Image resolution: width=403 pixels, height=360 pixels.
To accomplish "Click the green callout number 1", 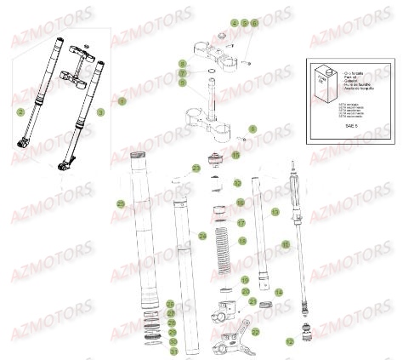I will pyautogui.click(x=122, y=101).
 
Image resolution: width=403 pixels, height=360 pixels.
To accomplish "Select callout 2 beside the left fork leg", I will pyautogui.click(x=19, y=111).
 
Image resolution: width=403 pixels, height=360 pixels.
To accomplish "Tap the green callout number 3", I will pyautogui.click(x=100, y=111).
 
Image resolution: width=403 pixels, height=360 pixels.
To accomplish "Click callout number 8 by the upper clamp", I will pyautogui.click(x=182, y=64).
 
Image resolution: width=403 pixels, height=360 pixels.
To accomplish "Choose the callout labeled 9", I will pyautogui.click(x=182, y=83).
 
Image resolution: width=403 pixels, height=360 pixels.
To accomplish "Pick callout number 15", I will pyautogui.click(x=236, y=156).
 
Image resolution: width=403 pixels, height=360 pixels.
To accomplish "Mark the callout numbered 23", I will pyautogui.click(x=196, y=169).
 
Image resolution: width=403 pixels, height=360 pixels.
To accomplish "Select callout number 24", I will pyautogui.click(x=202, y=235).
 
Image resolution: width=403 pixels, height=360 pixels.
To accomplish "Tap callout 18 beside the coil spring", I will pyautogui.click(x=241, y=242).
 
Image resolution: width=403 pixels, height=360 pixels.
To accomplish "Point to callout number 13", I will pyautogui.click(x=275, y=210).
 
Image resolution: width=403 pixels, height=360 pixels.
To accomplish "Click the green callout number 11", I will pyautogui.click(x=286, y=244).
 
